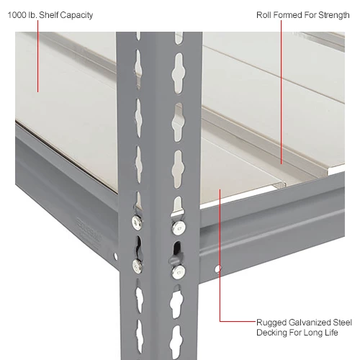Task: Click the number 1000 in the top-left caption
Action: [17, 14]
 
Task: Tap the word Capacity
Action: [76, 14]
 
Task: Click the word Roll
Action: [264, 14]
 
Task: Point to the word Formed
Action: [289, 14]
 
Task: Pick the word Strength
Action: [336, 14]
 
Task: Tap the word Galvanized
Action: [307, 322]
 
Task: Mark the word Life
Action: [332, 333]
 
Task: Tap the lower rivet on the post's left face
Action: [138, 266]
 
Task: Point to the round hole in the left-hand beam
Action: [116, 256]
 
